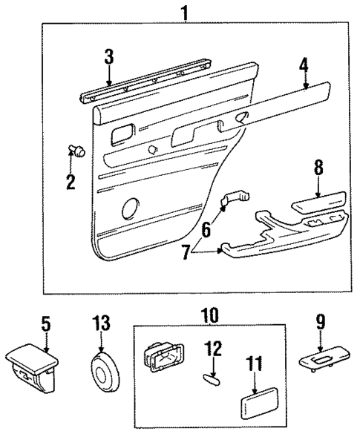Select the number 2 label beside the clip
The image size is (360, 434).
click(71, 181)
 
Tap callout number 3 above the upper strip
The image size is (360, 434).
click(109, 56)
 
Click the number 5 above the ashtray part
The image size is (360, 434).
click(45, 323)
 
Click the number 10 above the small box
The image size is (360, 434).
click(209, 315)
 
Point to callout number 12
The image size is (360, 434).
click(212, 346)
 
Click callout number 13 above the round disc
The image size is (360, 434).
click(101, 323)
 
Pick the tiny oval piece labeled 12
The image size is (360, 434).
click(211, 378)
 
